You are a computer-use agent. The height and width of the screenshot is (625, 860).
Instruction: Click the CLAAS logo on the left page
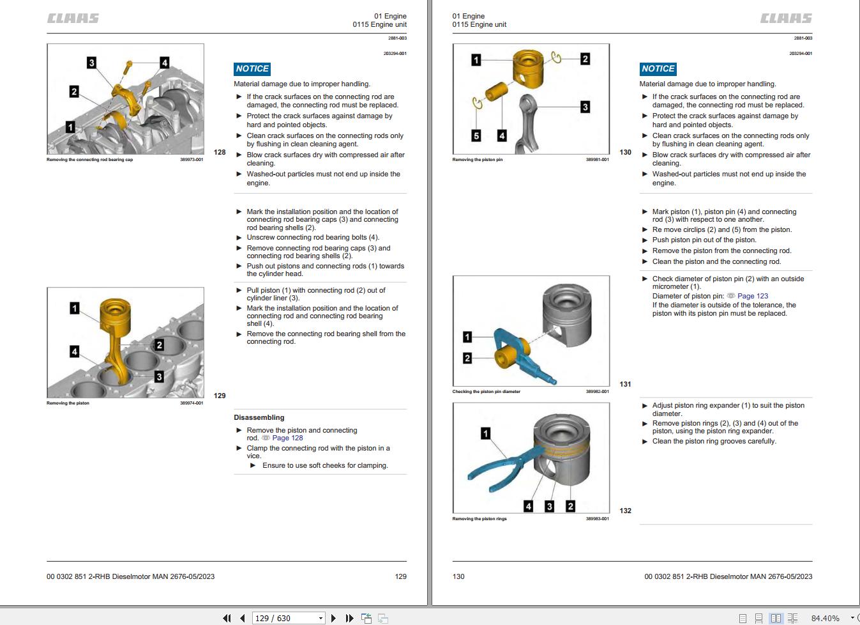(73, 19)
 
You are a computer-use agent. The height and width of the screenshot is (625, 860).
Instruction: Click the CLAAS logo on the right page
(786, 19)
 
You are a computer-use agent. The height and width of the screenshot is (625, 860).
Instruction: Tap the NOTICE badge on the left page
(252, 69)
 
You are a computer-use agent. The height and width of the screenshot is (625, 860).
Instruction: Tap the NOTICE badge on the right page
(658, 69)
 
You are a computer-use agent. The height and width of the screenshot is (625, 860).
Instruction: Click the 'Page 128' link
(287, 438)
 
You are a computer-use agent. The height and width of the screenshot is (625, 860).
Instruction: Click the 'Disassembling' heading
(259, 417)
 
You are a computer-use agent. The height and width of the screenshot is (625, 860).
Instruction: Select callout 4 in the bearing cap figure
(164, 63)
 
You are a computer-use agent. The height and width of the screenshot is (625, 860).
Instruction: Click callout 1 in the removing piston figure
(75, 309)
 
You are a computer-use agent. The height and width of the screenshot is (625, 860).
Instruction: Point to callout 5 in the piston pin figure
(476, 135)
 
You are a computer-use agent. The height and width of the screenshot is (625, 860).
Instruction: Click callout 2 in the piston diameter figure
(467, 359)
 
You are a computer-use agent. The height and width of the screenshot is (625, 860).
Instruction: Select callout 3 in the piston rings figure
(549, 506)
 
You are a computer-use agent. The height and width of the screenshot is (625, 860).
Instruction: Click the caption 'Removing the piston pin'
(477, 160)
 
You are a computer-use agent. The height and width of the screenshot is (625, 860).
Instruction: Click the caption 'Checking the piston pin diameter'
(486, 392)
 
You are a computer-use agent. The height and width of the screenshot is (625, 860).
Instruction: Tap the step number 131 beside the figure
(625, 384)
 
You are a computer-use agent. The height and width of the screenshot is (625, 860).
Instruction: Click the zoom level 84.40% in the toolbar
(825, 618)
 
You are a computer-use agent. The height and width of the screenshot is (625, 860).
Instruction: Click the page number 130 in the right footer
(458, 576)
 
